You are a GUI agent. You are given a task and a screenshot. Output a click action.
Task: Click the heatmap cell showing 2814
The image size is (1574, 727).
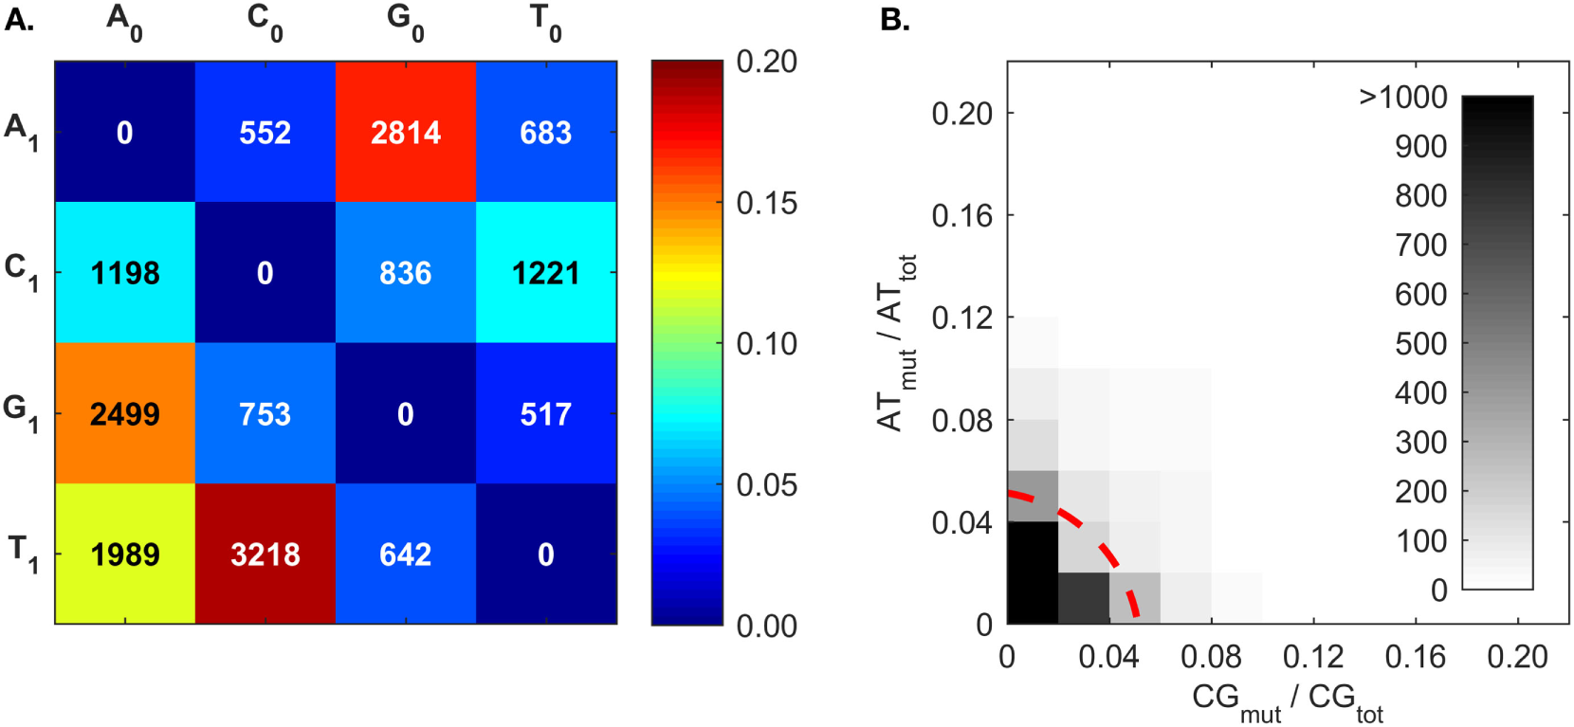click(x=406, y=132)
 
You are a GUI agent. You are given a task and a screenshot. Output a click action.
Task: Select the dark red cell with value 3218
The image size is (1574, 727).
click(x=265, y=554)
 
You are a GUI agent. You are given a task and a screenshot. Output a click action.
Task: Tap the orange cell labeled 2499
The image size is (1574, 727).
click(x=125, y=413)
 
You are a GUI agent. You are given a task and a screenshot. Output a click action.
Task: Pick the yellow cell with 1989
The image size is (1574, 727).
click(x=125, y=554)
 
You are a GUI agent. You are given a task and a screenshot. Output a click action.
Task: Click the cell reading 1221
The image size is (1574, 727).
click(x=546, y=273)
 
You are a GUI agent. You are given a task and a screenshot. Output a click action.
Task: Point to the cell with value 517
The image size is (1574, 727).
click(x=546, y=413)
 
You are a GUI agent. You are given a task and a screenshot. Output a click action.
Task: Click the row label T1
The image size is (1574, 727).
click(x=22, y=553)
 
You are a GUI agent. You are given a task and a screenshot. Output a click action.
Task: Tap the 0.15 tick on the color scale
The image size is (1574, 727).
click(x=766, y=203)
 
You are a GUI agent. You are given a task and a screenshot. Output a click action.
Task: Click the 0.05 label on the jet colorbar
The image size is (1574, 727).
click(x=766, y=484)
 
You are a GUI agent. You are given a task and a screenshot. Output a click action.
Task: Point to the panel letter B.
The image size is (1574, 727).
click(x=894, y=19)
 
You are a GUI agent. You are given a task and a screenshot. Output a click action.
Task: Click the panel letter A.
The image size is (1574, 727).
click(x=19, y=19)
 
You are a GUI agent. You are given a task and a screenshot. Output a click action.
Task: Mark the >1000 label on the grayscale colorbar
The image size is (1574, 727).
click(x=1403, y=97)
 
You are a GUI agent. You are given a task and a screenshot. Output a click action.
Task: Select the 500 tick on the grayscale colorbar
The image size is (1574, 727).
click(x=1420, y=343)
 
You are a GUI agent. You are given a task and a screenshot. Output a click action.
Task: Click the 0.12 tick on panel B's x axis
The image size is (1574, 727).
click(x=1313, y=656)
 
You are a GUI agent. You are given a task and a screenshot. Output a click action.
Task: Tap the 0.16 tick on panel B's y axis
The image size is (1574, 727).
click(x=961, y=215)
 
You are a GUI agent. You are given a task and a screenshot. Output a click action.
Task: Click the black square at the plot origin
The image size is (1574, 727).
click(x=1033, y=573)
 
